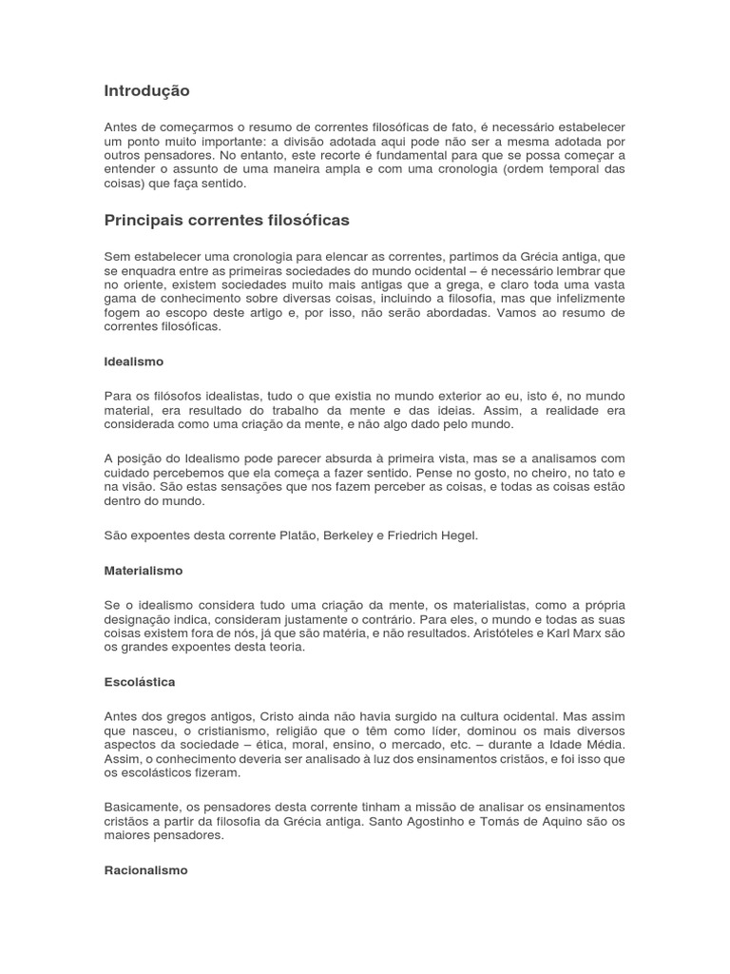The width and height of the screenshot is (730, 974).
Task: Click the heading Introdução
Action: (x=146, y=91)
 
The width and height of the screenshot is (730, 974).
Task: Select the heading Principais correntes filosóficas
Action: (x=226, y=221)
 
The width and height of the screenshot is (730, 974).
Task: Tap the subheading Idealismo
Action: (x=133, y=361)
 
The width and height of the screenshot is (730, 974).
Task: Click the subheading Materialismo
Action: (x=143, y=571)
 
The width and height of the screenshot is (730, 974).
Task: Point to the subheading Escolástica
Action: (x=140, y=682)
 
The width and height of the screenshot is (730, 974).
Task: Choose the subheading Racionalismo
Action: (x=145, y=869)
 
